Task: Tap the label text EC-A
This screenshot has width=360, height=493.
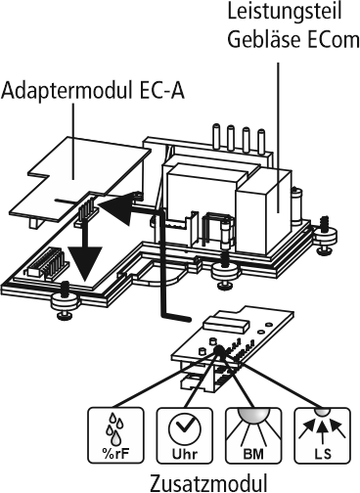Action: pyautogui.click(x=162, y=90)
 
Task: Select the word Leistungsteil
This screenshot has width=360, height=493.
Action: pyautogui.click(x=285, y=11)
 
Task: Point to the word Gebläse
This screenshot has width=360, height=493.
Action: pyautogui.click(x=265, y=39)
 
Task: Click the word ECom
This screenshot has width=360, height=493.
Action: pyautogui.click(x=334, y=40)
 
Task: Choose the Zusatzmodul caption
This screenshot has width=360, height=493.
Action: pyautogui.click(x=208, y=483)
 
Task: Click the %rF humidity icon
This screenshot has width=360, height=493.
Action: pyautogui.click(x=115, y=435)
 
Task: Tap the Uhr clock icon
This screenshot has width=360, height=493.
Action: pyautogui.click(x=185, y=435)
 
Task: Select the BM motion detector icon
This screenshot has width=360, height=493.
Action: pyautogui.click(x=253, y=435)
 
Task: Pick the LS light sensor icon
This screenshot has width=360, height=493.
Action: pyautogui.click(x=323, y=435)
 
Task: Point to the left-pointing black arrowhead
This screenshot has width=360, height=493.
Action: pyautogui.click(x=116, y=208)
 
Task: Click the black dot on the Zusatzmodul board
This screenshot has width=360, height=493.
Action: pyautogui.click(x=218, y=349)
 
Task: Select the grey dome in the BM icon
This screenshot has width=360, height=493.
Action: pyautogui.click(x=253, y=414)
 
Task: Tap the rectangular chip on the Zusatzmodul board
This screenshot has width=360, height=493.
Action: pyautogui.click(x=225, y=324)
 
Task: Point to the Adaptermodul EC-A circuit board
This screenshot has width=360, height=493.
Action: pyautogui.click(x=80, y=178)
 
